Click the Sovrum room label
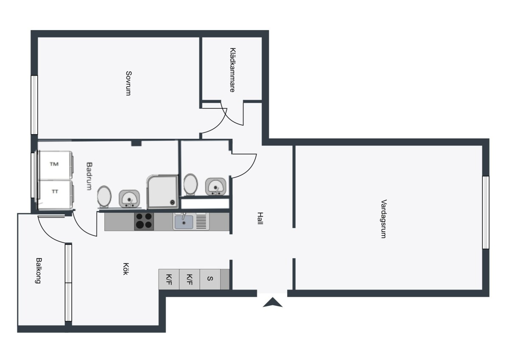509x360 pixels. tap(129, 83)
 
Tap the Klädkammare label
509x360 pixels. tap(232, 70)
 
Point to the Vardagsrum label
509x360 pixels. tap(383, 219)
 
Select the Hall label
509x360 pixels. tap(260, 218)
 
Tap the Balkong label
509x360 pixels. tap(39, 270)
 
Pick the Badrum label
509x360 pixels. tap(89, 176)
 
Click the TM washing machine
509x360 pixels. tap(55, 165)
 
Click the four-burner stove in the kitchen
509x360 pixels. tap(144, 222)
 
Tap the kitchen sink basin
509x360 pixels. tap(184, 222)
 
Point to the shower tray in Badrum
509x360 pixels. tap(162, 192)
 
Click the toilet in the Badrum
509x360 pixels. tap(104, 197)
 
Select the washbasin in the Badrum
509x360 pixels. tap(129, 199)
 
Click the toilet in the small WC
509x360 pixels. tap(190, 184)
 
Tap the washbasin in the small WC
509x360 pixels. tap(215, 186)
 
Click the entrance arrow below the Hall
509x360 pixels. tap(272, 302)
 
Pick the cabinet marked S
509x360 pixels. tap(210, 279)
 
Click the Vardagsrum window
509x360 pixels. tap(486, 212)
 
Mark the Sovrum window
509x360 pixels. tap(34, 105)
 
